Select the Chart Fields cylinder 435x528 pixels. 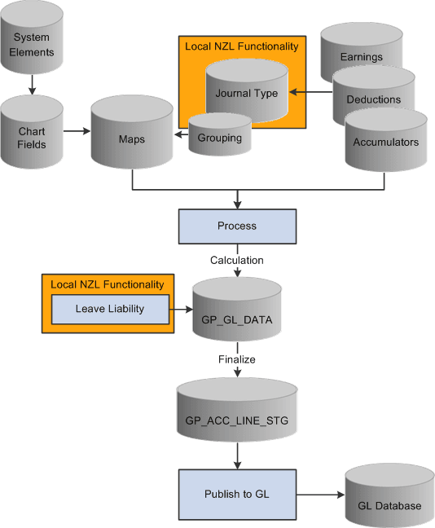32,130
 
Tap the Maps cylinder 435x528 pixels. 131,134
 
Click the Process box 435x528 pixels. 237,226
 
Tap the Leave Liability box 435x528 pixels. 109,309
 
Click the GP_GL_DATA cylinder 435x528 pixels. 237,314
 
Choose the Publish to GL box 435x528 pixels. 237,494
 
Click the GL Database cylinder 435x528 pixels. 389,501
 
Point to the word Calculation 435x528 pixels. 237,260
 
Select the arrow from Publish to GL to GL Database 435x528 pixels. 320,494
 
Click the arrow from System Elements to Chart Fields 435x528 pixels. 32,85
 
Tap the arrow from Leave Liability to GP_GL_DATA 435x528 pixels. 179,310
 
